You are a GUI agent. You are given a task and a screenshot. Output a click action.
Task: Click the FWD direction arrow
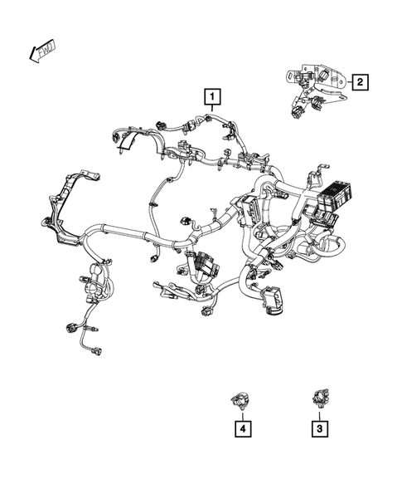[41, 51]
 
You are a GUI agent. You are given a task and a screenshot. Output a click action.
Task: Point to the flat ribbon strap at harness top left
[124, 145]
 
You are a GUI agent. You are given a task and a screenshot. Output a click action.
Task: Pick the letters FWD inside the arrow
[43, 51]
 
